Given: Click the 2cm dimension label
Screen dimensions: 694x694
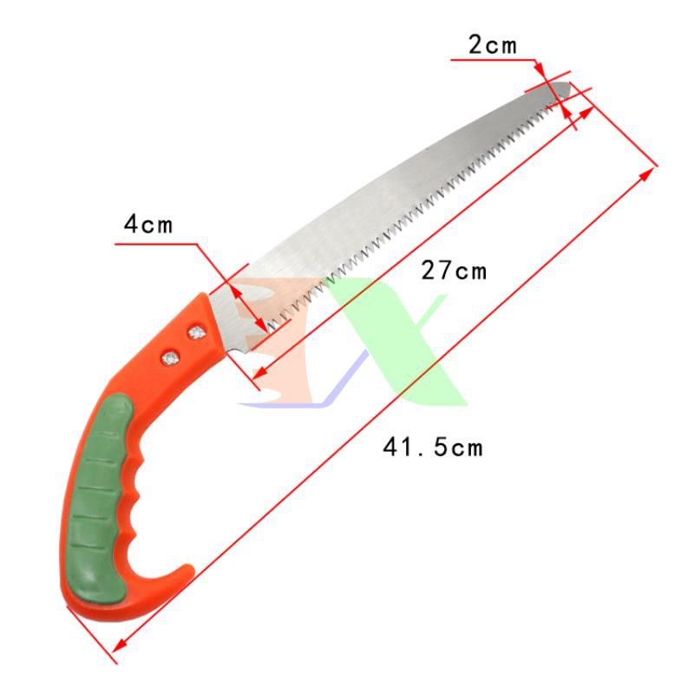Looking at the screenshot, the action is click(492, 45).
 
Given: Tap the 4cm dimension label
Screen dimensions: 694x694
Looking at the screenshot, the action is click(148, 224).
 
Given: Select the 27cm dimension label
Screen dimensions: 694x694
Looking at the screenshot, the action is click(454, 271).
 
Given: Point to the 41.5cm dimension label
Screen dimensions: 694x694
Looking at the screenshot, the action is click(433, 447).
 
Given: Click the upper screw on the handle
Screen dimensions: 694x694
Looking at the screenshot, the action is click(197, 332).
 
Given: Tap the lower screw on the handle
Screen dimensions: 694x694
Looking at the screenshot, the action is click(170, 358).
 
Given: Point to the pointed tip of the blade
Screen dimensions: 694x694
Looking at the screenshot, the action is click(569, 85).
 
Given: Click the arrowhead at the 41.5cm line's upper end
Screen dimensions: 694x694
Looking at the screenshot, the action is click(647, 174).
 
